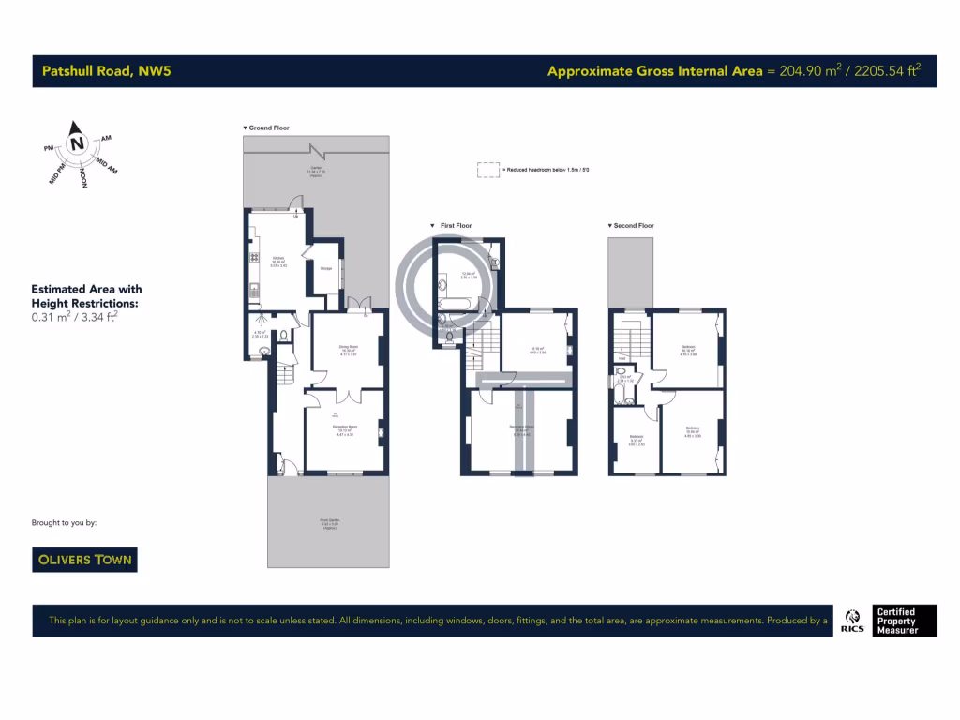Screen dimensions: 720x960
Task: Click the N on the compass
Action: [77, 143]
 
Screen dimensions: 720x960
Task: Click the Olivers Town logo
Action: [85, 560]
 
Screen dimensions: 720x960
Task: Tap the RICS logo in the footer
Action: [852, 621]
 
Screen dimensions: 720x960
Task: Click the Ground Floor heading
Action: [266, 127]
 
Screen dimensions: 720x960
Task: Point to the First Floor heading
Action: [452, 226]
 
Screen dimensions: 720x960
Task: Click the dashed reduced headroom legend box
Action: [487, 170]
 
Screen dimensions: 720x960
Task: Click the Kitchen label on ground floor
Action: [278, 259]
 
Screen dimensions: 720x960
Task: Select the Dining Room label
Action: [347, 347]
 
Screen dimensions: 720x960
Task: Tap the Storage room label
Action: [326, 269]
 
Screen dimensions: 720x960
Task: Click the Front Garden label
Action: [328, 523]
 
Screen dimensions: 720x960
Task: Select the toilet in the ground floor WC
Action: [265, 352]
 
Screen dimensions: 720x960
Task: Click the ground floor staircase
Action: [285, 376]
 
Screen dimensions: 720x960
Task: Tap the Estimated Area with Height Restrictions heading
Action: [86, 296]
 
